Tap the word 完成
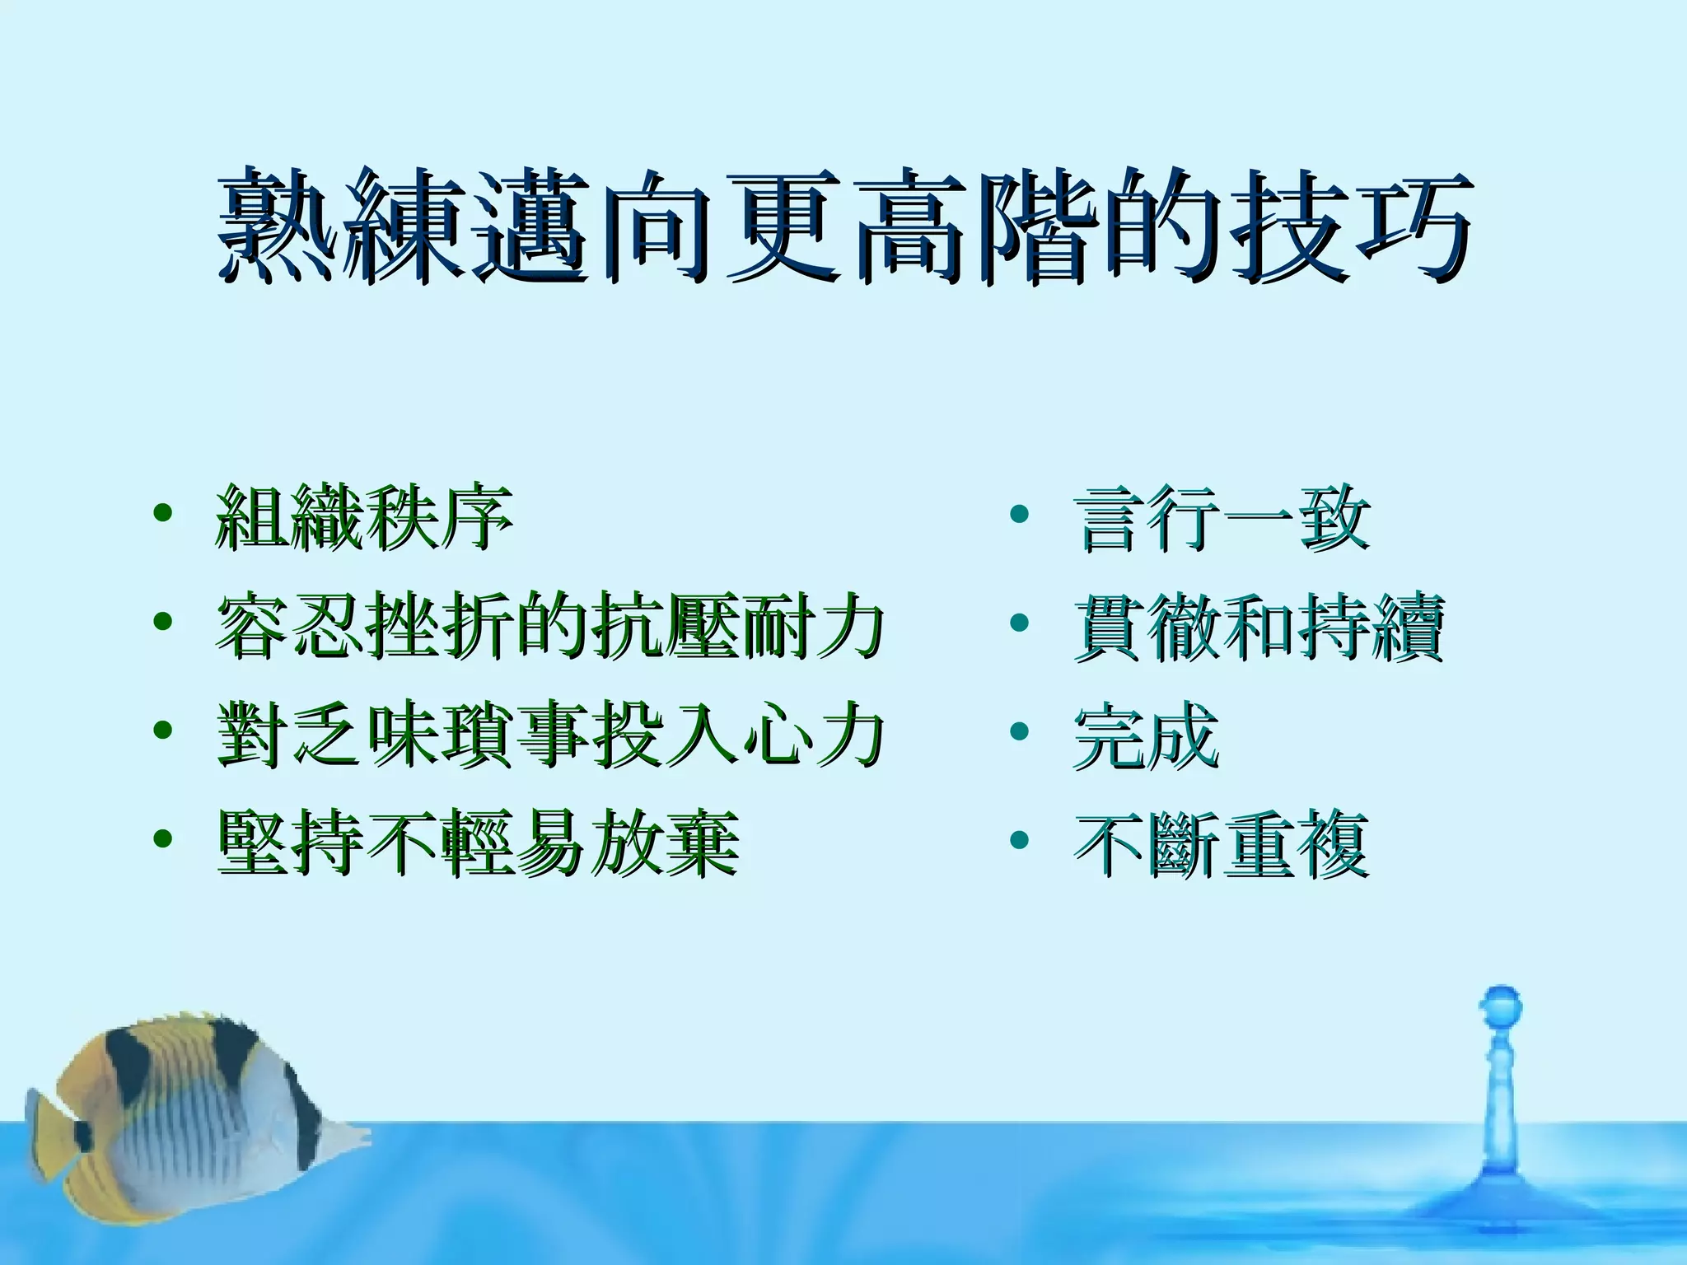(x=1145, y=735)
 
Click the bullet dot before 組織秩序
(x=163, y=513)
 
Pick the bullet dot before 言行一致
(x=1020, y=513)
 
